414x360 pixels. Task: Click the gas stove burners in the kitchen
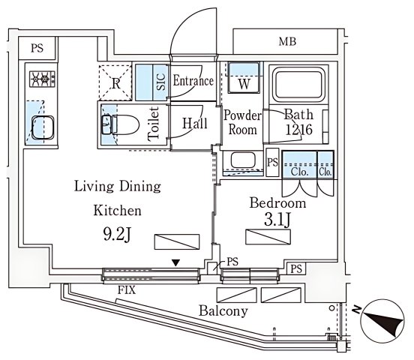pyautogui.click(x=43, y=79)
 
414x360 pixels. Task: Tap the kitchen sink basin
pyautogui.click(x=43, y=127)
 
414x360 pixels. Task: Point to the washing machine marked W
pyautogui.click(x=244, y=77)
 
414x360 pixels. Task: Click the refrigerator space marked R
pyautogui.click(x=115, y=82)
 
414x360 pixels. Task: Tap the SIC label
pyautogui.click(x=161, y=82)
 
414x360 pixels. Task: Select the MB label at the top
pyautogui.click(x=287, y=42)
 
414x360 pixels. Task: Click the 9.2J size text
pyautogui.click(x=117, y=234)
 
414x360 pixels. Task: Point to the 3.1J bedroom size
pyautogui.click(x=277, y=220)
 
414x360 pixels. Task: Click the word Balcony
pyautogui.click(x=223, y=311)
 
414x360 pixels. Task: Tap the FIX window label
pyautogui.click(x=127, y=290)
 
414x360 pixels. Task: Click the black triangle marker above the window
pyautogui.click(x=175, y=262)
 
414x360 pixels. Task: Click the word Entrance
pyautogui.click(x=193, y=80)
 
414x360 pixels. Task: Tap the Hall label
pyautogui.click(x=195, y=123)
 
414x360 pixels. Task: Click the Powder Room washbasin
pyautogui.click(x=243, y=160)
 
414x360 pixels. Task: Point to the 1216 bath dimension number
pyautogui.click(x=299, y=130)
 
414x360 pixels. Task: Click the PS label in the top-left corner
pyautogui.click(x=37, y=48)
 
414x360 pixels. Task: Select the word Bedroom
pyautogui.click(x=278, y=203)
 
